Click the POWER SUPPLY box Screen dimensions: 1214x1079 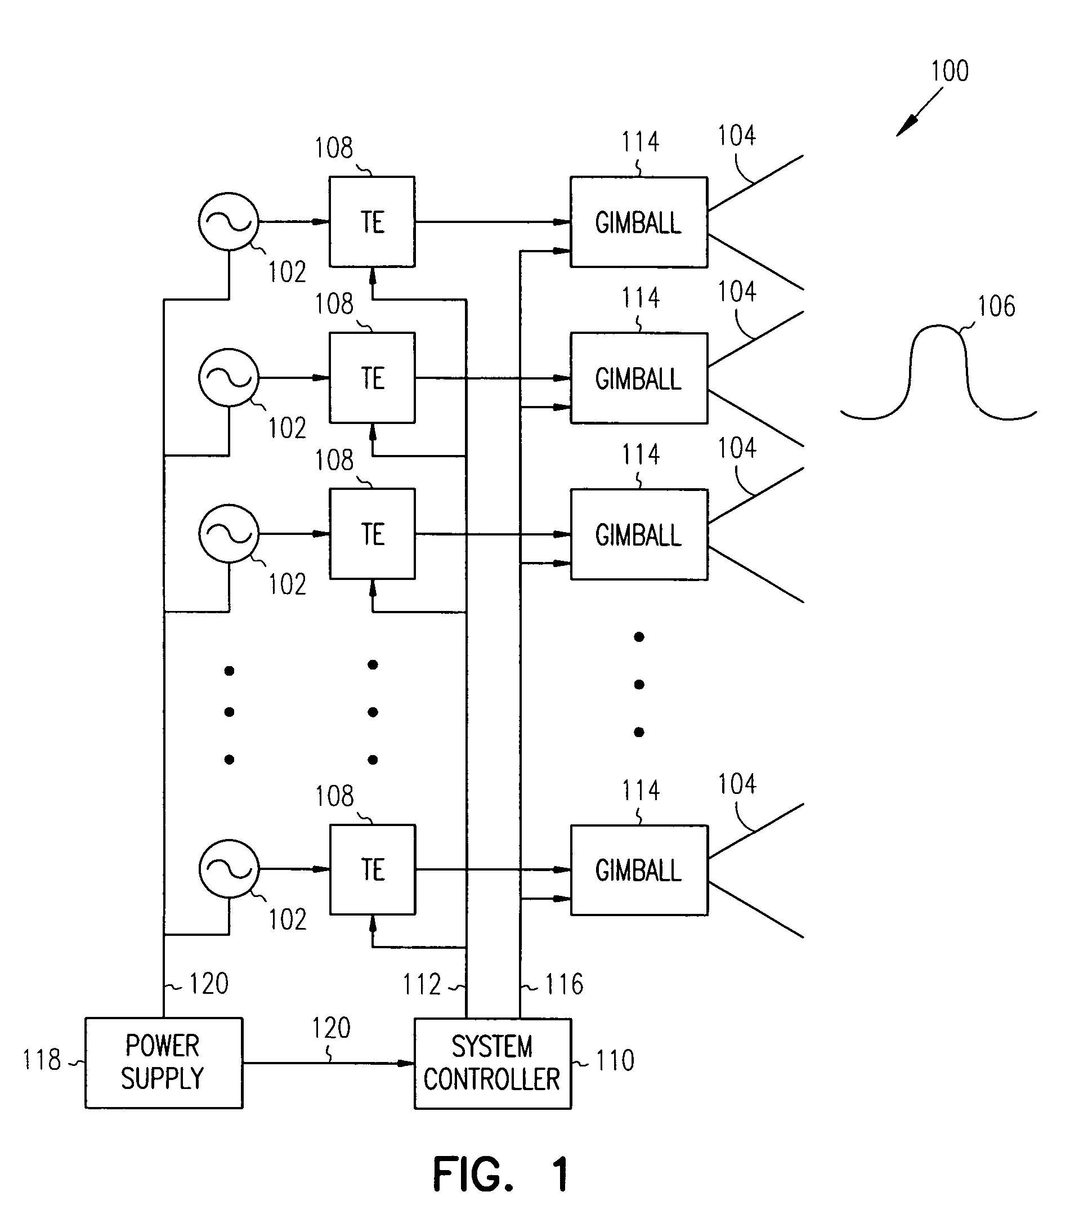pos(163,1063)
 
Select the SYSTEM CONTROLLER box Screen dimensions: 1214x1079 pos(493,1063)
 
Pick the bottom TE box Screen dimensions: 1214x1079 pos(373,869)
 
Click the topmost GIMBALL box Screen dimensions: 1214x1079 pos(638,222)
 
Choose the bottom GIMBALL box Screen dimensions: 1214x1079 pos(639,870)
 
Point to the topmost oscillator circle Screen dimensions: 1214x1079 pos(229,221)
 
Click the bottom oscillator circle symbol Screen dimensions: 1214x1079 pos(229,869)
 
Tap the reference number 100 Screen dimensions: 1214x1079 pos(950,72)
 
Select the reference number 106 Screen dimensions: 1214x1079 pos(996,306)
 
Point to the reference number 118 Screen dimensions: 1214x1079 pos(42,1060)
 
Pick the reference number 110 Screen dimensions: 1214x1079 pos(615,1061)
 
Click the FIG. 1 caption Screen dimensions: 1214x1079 pos(500,1174)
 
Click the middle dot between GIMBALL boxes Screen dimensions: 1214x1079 pos(639,685)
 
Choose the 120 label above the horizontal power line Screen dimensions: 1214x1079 pos(332,1028)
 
